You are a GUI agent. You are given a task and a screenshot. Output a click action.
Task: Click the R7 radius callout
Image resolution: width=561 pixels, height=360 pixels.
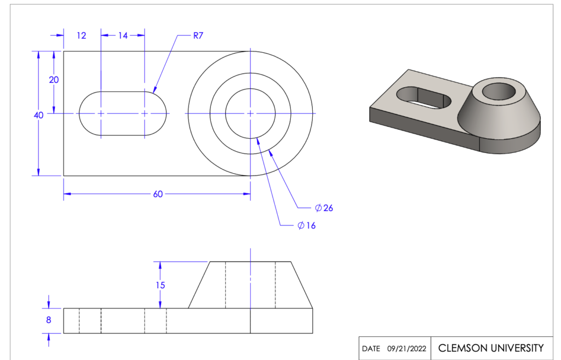point(198,36)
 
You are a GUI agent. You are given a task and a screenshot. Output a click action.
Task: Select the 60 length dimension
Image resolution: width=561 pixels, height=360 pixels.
point(158,194)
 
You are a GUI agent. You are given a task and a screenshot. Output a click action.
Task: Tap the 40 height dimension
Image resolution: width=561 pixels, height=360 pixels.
point(38,115)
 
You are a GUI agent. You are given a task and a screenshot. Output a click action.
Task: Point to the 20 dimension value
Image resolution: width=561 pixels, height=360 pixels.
point(54,80)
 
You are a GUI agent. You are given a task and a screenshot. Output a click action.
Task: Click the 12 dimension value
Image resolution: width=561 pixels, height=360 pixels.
point(81,36)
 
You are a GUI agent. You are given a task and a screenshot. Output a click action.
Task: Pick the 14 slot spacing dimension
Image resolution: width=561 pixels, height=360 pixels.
point(123,36)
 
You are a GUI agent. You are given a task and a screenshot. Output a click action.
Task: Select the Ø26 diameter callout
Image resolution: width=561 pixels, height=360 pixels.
point(324,208)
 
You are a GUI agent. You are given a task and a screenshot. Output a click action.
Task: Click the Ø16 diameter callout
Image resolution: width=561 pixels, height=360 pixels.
point(307,225)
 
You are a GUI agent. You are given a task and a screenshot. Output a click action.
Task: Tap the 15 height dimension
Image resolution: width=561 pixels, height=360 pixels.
point(161,285)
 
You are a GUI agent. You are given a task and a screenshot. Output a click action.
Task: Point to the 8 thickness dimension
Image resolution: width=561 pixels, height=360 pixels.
point(49,320)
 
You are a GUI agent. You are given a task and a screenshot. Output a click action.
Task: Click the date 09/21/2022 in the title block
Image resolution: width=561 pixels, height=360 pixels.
point(407,348)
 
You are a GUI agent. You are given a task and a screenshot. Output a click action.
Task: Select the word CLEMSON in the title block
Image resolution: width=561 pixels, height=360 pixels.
point(462,348)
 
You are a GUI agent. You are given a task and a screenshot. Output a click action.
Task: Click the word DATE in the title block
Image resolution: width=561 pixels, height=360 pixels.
point(371,348)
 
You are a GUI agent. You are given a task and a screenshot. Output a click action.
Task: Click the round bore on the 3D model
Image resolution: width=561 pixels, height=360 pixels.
point(499,91)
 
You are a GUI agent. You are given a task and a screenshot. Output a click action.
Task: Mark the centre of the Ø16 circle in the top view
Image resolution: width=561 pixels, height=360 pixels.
point(250,113)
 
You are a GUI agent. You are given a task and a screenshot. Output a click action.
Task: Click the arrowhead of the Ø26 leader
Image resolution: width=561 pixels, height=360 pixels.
point(271,152)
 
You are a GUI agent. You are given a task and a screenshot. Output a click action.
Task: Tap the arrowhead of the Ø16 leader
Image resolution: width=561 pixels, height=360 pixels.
point(258,141)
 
